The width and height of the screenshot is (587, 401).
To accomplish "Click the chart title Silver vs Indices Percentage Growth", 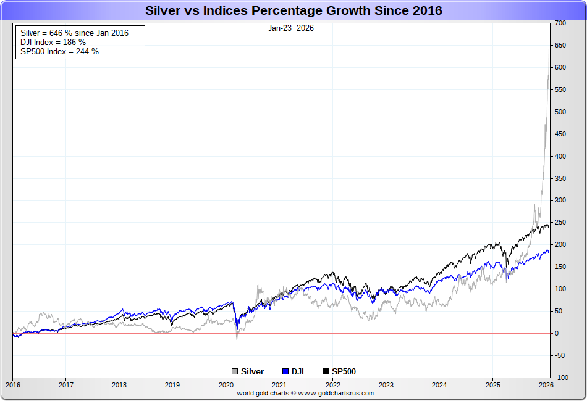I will [293, 10].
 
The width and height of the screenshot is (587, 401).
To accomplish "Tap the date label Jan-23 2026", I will [290, 28].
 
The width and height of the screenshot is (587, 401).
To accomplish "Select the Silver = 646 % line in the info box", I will [75, 33].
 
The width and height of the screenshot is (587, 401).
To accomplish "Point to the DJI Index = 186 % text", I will [53, 42].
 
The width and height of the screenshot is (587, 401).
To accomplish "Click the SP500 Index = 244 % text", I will [60, 51].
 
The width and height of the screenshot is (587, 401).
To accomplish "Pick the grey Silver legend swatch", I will [235, 371].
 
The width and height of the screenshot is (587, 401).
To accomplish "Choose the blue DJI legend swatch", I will [285, 371].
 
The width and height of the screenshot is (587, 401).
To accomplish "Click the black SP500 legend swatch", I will [326, 371].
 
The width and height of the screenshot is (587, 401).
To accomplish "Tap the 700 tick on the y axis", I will [560, 23].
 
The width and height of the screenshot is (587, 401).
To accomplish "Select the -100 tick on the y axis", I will [560, 378].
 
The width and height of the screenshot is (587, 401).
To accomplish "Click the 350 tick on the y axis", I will [560, 178].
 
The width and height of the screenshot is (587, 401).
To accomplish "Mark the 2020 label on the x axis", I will [226, 385].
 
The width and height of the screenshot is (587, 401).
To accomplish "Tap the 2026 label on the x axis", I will [546, 385].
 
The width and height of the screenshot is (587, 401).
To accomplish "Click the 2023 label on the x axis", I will [386, 385].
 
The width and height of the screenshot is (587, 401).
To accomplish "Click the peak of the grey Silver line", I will [549, 47].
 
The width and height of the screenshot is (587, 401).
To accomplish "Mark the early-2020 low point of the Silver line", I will [237, 339].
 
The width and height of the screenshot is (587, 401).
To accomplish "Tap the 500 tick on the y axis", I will [560, 112].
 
